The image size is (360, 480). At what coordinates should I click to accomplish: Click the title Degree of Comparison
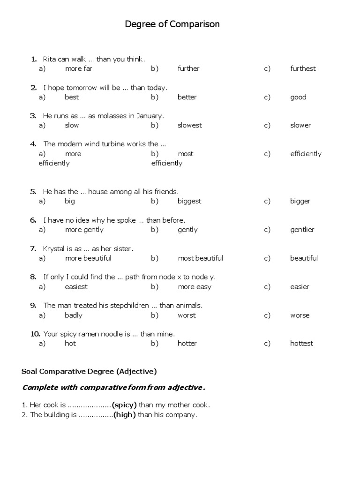tap(172, 24)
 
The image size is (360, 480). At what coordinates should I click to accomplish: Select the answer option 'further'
tap(188, 68)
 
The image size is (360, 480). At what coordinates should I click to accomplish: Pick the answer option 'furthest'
tap(303, 68)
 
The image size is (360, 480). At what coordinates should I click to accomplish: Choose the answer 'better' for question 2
tap(187, 97)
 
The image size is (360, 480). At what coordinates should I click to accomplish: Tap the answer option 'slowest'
tap(190, 125)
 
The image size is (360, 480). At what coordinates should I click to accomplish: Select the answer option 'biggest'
tap(189, 201)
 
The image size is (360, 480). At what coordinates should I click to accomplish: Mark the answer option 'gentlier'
tap(302, 230)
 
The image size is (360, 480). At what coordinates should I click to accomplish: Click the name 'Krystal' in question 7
tap(53, 248)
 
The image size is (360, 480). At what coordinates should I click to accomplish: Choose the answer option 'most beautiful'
tap(200, 258)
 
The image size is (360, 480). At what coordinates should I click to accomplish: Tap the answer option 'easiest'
tap(76, 287)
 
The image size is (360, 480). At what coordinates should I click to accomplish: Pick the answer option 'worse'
tap(300, 315)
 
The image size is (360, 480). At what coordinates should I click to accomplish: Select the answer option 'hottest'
tap(301, 344)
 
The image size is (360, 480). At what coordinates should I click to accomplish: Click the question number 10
tap(35, 334)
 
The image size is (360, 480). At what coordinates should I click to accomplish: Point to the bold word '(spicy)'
tap(124, 405)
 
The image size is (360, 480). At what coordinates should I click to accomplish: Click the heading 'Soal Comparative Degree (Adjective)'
tap(89, 372)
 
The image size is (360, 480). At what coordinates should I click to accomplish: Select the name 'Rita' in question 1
tap(49, 59)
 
